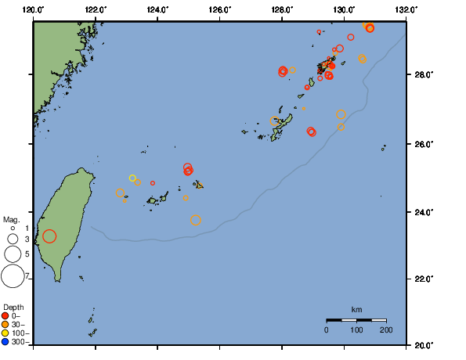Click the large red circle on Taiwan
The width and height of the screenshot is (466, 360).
tap(49, 236)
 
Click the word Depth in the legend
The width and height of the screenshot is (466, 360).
tap(13, 306)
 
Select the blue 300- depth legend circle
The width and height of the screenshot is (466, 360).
tap(5, 342)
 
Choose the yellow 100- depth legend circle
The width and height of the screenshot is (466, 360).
tap(5, 333)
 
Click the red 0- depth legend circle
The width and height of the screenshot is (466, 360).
tap(5, 315)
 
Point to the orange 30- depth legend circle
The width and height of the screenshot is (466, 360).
tap(5, 324)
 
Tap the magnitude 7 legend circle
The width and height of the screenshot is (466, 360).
tap(13, 275)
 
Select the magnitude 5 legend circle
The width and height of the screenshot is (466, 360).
tap(13, 254)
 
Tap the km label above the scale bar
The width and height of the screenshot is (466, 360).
tap(356, 310)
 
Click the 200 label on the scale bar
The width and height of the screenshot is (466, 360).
tap(386, 330)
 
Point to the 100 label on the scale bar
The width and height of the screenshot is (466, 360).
tap(356, 330)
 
